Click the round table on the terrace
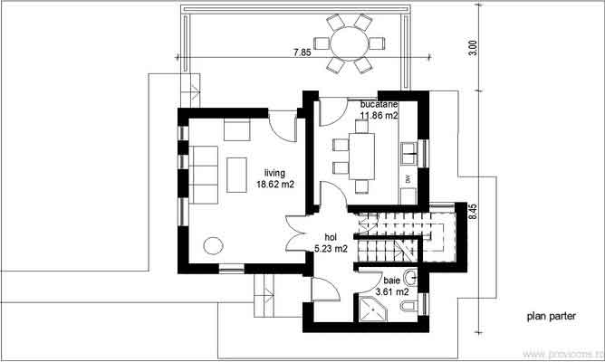(349, 43)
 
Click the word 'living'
(275, 173)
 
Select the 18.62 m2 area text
(275, 184)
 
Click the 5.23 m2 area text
(331, 248)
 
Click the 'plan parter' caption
(551, 317)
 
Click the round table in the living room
(214, 245)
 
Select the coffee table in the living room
(238, 173)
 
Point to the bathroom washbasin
(410, 277)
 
